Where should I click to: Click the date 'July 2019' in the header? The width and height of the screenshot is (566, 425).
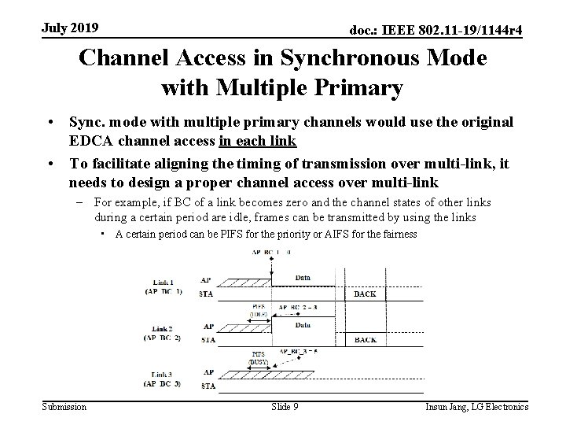[x=70, y=28]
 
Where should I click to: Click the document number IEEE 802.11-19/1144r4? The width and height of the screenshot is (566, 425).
[x=436, y=30]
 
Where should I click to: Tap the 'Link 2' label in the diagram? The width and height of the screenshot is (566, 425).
[x=162, y=327]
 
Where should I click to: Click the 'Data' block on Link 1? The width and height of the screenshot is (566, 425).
[x=302, y=278]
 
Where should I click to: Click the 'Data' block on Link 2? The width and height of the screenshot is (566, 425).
[x=302, y=323]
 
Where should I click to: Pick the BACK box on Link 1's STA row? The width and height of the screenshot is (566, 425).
[x=365, y=294]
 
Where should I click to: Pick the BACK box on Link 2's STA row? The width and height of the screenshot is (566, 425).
[x=365, y=339]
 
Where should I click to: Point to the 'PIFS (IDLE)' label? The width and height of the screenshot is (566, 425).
[x=259, y=310]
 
